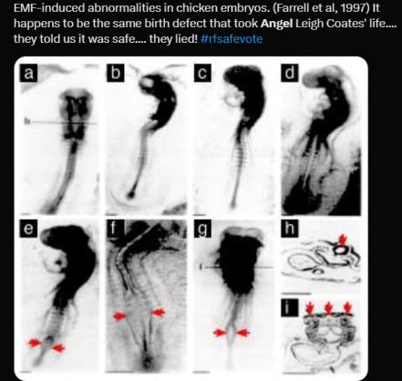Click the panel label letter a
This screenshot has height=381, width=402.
(x=28, y=73)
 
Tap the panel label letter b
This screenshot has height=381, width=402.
(x=116, y=73)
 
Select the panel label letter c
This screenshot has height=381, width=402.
(x=202, y=73)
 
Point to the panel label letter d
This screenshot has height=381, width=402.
(x=290, y=73)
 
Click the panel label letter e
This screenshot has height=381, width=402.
(x=28, y=229)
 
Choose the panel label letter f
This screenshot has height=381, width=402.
(x=114, y=229)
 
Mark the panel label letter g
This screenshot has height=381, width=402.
(x=202, y=229)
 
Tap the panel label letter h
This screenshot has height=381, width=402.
(x=290, y=229)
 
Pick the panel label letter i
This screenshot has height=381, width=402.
(x=290, y=308)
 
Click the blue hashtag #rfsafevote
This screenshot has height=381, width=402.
(x=232, y=39)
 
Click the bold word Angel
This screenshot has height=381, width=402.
(x=277, y=24)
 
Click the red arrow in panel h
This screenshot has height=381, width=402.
(x=343, y=240)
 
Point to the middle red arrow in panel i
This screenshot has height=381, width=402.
(x=328, y=308)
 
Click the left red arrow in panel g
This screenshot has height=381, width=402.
(x=220, y=333)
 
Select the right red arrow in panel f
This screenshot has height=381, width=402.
(x=159, y=313)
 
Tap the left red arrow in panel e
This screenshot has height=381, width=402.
(x=35, y=344)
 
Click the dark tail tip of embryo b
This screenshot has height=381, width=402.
(x=131, y=194)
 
